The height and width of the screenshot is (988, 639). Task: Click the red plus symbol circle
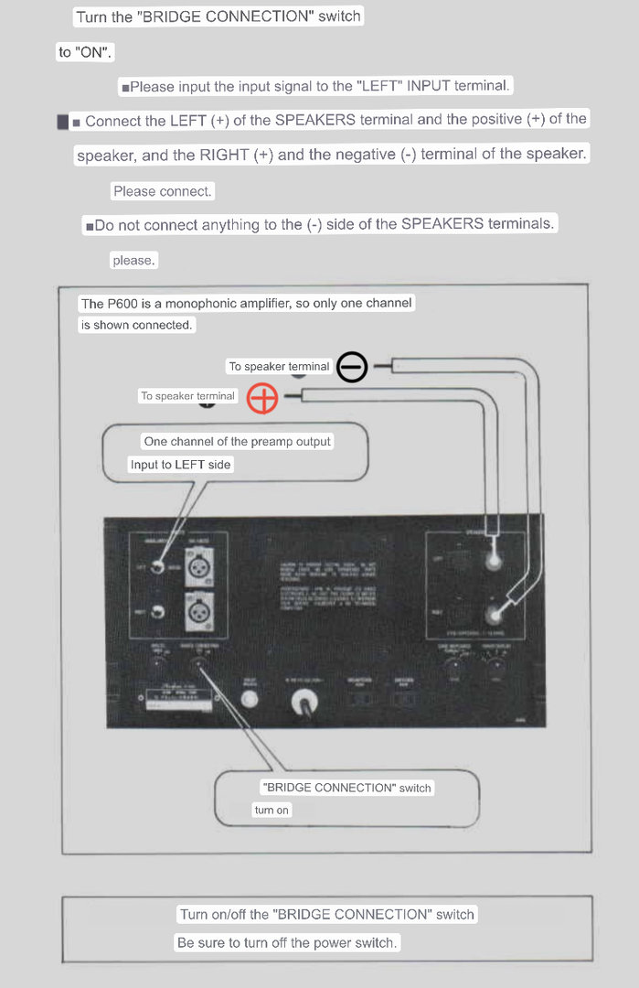pyautogui.click(x=262, y=398)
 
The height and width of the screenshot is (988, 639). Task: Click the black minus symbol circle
pyautogui.click(x=352, y=368)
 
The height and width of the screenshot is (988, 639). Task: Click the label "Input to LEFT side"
pyautogui.click(x=181, y=465)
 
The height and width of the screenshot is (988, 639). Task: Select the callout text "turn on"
pyautogui.click(x=272, y=811)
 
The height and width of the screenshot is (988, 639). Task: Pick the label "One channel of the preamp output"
pyautogui.click(x=238, y=442)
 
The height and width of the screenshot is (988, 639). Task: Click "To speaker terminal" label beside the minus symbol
pyautogui.click(x=279, y=367)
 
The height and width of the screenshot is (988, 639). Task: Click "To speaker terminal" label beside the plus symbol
pyautogui.click(x=187, y=396)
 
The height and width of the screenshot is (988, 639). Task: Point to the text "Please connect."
pyautogui.click(x=162, y=192)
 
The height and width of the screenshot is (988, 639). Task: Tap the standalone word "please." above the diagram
pyautogui.click(x=133, y=261)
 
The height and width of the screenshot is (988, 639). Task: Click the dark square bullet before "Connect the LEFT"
pyautogui.click(x=62, y=122)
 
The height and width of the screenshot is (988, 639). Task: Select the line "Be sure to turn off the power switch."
pyautogui.click(x=287, y=942)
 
